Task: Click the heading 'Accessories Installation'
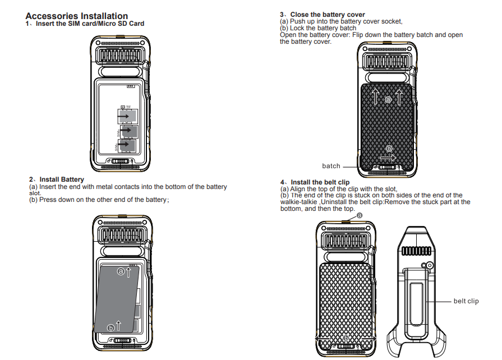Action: pos(77,16)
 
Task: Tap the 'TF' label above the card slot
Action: pos(128,107)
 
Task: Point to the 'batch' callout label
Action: pos(331,166)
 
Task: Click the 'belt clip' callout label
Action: pos(466,302)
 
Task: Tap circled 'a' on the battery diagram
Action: pos(121,271)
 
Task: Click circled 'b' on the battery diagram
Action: pos(111,327)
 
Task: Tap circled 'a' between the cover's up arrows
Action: pos(388,99)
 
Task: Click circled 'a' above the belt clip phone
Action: pos(360,215)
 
